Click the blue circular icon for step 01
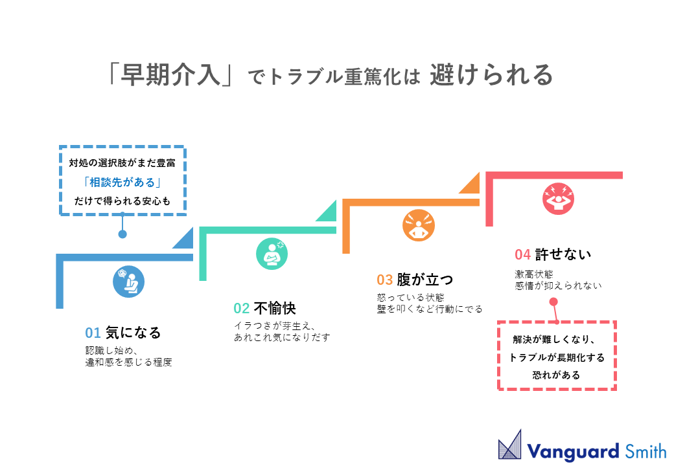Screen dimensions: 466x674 point(128,282)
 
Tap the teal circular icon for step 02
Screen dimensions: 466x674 point(272,253)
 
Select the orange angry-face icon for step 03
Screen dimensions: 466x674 point(419,225)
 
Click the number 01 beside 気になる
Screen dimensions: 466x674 point(93,333)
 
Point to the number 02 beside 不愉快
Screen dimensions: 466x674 point(241,308)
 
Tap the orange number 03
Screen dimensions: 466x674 point(385,280)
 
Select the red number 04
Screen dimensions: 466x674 point(523,254)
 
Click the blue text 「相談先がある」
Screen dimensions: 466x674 point(122,182)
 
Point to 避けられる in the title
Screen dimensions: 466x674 point(491,76)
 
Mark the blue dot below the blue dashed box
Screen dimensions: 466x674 point(122,234)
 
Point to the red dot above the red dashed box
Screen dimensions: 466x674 point(553,301)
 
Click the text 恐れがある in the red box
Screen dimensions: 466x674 point(556,375)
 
